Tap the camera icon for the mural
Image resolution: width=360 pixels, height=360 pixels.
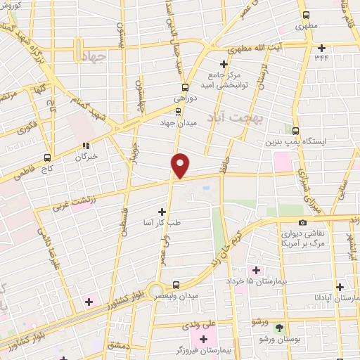point(302,223)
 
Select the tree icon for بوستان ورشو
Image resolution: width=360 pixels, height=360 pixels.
point(280,328)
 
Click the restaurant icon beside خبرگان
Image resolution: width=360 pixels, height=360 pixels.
point(86,146)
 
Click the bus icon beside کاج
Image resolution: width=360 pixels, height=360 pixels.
point(47,157)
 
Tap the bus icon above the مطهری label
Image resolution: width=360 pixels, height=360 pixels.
point(305,15)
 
